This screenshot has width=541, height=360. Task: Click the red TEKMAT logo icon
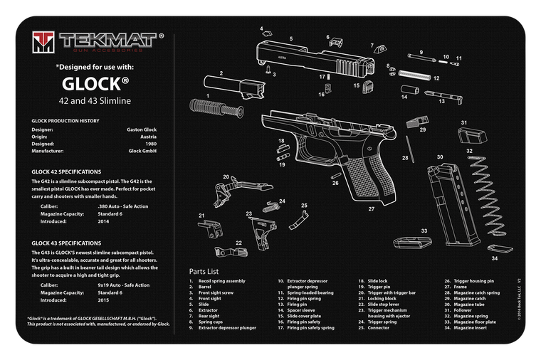click(45, 43)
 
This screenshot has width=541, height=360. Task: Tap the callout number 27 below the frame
click(371, 209)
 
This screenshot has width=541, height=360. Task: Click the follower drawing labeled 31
click(467, 136)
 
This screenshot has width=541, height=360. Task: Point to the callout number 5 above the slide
click(291, 38)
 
